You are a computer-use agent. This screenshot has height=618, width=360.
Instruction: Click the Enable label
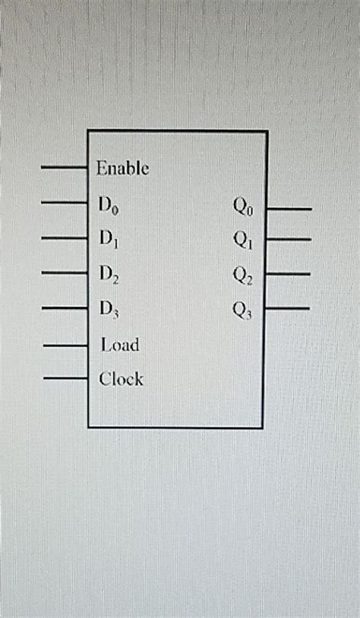coord(122,168)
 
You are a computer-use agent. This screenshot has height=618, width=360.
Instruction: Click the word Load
coord(120,345)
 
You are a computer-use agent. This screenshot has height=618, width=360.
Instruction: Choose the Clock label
coord(121,378)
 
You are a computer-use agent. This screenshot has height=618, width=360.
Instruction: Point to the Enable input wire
coord(65,167)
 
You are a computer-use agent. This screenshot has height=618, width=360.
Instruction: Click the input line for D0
coord(65,203)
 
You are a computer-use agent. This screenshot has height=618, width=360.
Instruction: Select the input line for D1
coord(65,238)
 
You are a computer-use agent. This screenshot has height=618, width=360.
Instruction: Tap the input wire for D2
coord(65,272)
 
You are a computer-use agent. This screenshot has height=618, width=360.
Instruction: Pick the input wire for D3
coord(65,308)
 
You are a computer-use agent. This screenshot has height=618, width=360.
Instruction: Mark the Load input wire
coord(66,345)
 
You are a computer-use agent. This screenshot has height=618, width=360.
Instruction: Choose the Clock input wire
coord(66,377)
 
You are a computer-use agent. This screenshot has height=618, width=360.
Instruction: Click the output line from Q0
coord(289,208)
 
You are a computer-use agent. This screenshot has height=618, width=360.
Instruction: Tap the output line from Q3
coord(288,308)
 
